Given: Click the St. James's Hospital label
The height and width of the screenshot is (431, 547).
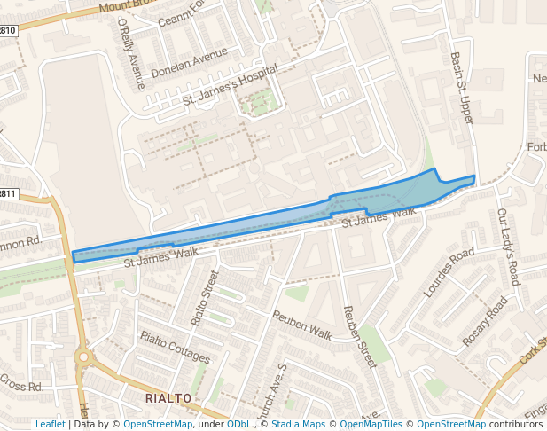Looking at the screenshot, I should coord(231,86).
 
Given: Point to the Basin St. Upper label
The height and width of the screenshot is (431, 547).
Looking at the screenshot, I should coord(461,86).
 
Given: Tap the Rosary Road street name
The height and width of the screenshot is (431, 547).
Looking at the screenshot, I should coord(484,322).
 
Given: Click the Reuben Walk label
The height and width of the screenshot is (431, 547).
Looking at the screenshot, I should coord(301,325).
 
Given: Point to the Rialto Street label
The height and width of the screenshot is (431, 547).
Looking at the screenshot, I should coord(204,297).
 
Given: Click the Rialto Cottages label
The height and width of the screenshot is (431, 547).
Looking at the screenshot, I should coord(175,348).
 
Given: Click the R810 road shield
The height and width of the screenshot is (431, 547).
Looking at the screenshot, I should coord(7,31).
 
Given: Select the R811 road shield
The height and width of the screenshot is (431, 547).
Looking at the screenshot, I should coord(7,194).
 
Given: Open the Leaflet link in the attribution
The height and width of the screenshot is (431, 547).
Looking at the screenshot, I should coord(50,424).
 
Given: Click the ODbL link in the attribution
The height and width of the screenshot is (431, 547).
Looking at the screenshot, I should coord(238,424).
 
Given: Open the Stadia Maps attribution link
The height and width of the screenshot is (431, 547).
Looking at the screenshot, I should coord(297,424).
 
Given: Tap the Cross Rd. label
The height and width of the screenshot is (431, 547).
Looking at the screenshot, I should coord(21,386).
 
